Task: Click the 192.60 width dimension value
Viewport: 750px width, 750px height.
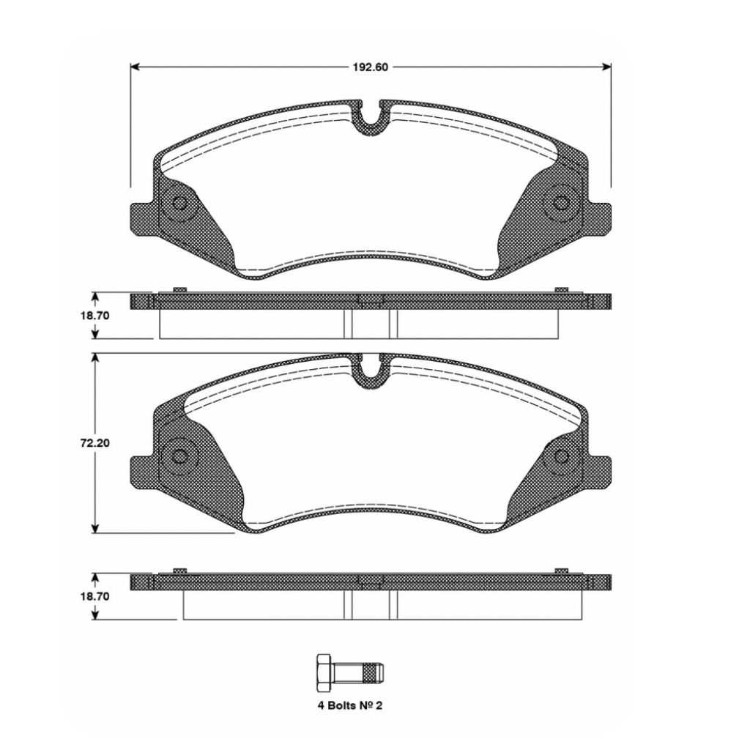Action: pos(371,67)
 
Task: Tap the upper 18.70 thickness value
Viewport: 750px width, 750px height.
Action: pos(95,315)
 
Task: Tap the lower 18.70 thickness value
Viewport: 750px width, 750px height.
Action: pos(95,597)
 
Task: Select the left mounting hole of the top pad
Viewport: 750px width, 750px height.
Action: pos(179,206)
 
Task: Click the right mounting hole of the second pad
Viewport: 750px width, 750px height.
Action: pos(562,456)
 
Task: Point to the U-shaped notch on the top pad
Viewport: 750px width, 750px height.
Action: pos(371,117)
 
